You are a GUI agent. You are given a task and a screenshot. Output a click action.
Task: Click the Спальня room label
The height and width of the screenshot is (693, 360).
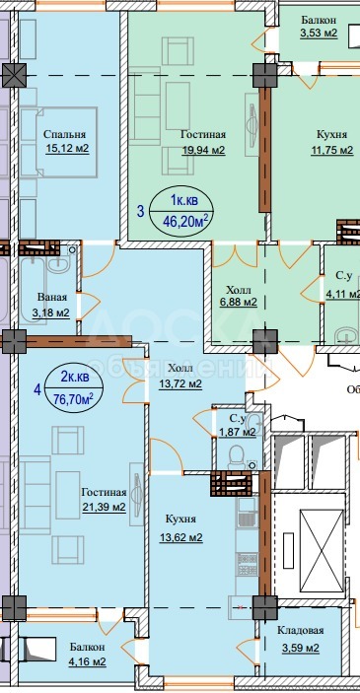[64, 135]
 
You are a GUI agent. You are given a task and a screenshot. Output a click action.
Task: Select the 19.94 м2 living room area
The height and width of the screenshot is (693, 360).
[203, 151]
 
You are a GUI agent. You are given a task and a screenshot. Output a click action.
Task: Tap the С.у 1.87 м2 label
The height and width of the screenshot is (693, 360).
[236, 425]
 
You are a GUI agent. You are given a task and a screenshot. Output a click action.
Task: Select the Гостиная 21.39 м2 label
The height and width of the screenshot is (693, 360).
[104, 499]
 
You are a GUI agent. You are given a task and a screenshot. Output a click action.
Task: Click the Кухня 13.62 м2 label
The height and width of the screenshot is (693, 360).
[180, 528]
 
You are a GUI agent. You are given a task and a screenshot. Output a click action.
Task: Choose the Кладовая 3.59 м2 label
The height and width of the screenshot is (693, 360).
[299, 639]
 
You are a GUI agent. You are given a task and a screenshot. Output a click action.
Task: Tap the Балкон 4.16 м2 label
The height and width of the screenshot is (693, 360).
[87, 655]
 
